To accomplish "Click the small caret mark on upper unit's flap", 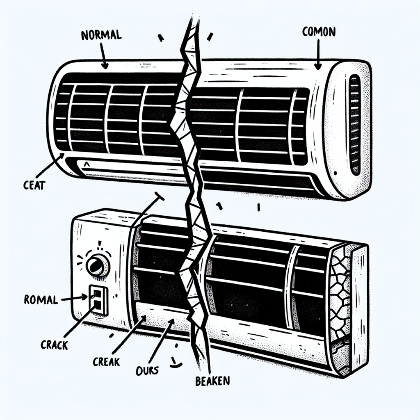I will [x=87, y=165].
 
